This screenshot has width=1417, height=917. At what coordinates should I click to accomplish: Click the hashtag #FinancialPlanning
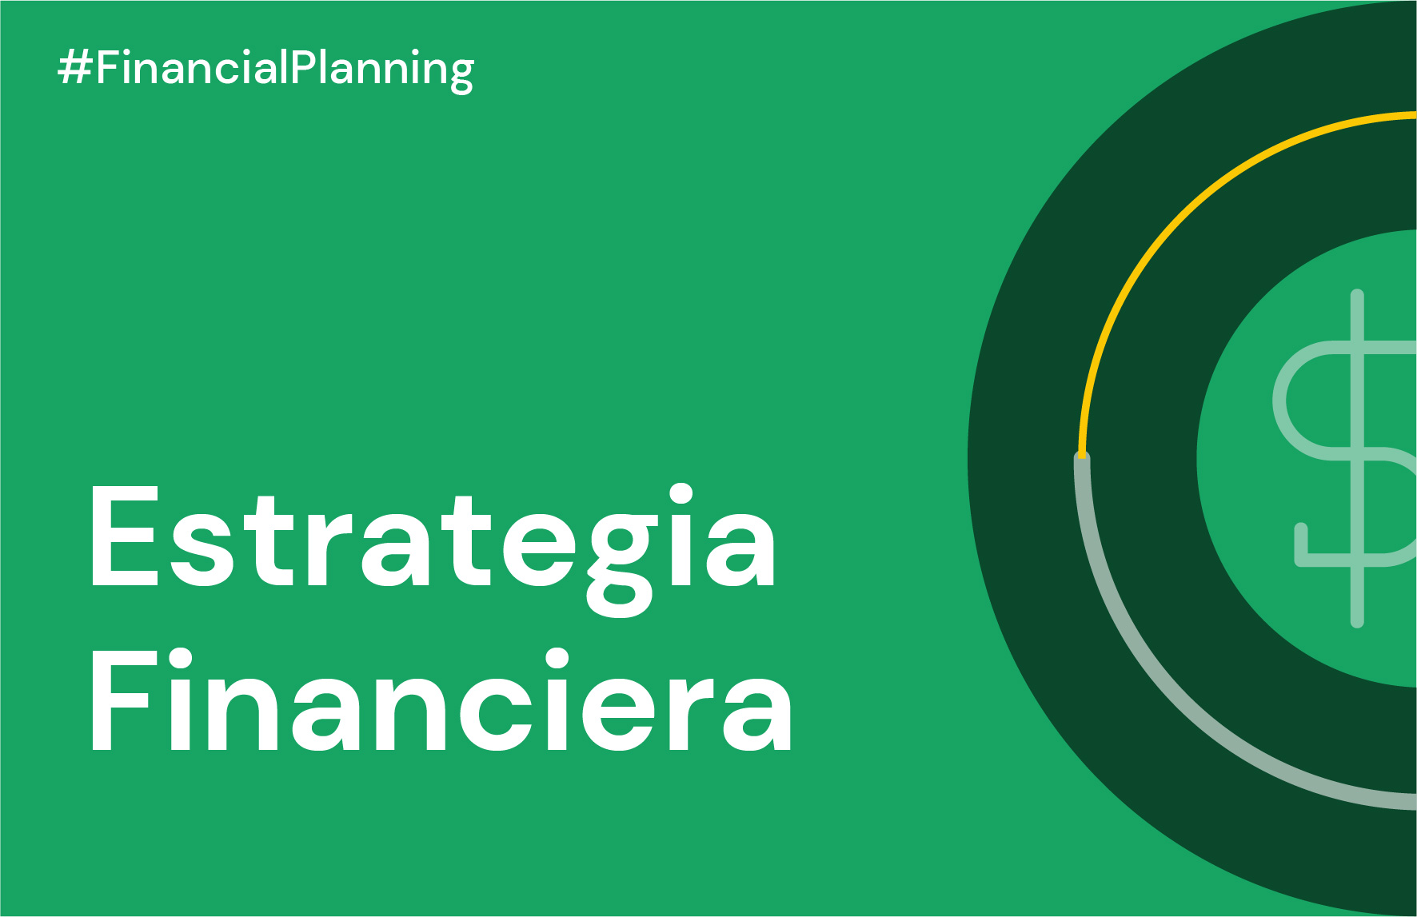266,69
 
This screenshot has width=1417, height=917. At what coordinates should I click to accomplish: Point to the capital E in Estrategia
124,537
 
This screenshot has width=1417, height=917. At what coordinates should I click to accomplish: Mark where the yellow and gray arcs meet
1082,457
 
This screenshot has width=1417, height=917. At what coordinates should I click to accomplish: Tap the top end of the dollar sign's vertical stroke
1357,296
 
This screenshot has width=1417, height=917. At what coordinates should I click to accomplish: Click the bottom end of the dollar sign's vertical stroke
1357,620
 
